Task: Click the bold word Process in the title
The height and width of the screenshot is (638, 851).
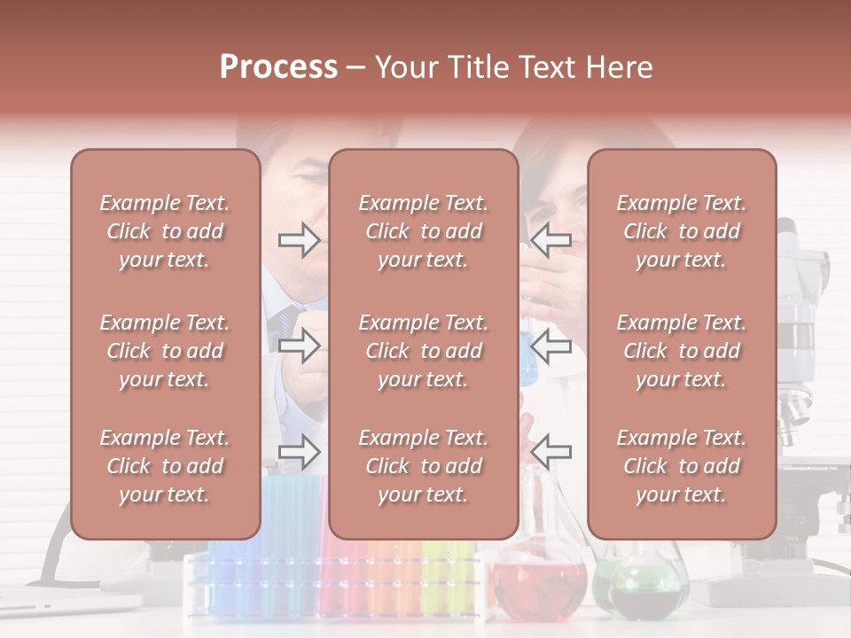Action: point(278,67)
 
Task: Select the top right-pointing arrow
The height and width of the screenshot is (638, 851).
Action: point(300,240)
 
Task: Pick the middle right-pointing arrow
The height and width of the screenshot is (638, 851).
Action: point(300,346)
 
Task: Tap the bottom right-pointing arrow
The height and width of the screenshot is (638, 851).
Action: point(300,453)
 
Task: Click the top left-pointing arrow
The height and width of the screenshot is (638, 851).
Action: point(550,240)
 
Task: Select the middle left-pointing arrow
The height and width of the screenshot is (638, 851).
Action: point(550,346)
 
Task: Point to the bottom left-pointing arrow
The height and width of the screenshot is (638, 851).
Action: point(550,453)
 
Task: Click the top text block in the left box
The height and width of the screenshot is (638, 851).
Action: point(165,231)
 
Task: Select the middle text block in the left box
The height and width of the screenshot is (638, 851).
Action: point(165,351)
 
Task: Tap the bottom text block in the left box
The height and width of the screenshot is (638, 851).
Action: point(165,466)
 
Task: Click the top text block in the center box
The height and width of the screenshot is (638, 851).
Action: point(423,231)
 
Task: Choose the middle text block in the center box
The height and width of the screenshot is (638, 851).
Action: point(423,351)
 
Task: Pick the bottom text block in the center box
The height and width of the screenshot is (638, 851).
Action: point(423,466)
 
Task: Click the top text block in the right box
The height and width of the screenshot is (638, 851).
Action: point(681,231)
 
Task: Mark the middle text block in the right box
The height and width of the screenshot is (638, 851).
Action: point(681,351)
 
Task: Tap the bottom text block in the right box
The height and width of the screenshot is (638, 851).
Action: point(681,466)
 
